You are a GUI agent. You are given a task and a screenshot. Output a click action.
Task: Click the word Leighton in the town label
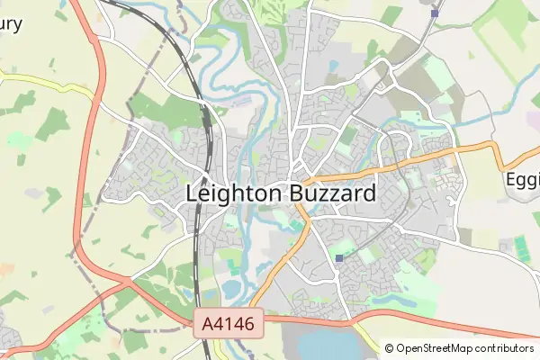point(234,193)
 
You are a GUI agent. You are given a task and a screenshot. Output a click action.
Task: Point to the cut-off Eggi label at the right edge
point(522,179)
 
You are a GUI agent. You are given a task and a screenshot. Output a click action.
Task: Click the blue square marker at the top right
point(435,13)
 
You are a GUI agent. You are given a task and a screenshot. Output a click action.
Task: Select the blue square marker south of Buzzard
point(339,258)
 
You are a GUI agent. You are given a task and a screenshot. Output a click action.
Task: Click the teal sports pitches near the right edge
point(520,245)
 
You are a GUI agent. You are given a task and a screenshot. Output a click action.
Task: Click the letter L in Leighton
point(192,193)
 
